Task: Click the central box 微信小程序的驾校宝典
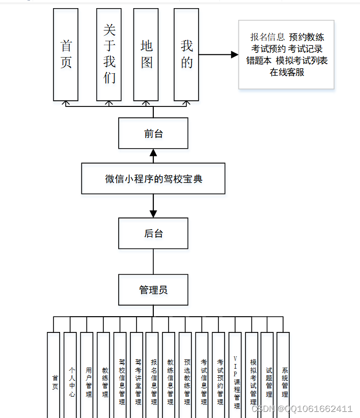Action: click(153, 179)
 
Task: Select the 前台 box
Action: click(153, 133)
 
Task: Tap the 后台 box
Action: click(153, 233)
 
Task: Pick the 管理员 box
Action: click(153, 290)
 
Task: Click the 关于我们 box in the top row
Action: click(109, 54)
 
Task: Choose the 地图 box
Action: click(146, 54)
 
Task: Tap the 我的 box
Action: click(186, 54)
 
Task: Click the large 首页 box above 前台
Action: click(66, 54)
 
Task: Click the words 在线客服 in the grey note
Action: click(287, 72)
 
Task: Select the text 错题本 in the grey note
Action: click(259, 61)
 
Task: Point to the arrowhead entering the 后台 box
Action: click(153, 214)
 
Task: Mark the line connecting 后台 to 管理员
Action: click(153, 261)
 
